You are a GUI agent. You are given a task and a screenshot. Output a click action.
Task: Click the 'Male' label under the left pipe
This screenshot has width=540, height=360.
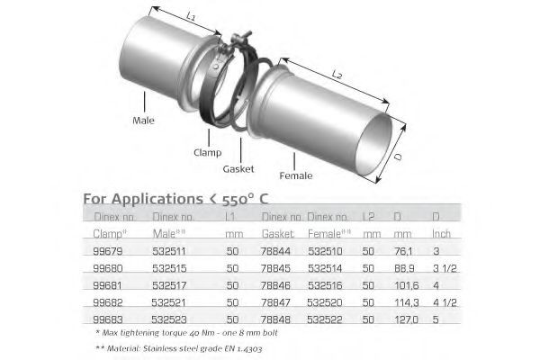[x=143, y=119]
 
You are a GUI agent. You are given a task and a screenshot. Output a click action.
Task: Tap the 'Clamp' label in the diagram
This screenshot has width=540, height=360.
[x=207, y=152]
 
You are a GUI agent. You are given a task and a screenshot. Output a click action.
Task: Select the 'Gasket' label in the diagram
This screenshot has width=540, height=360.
[x=239, y=168]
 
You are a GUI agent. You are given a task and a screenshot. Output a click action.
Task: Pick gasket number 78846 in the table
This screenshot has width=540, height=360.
[x=277, y=283]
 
